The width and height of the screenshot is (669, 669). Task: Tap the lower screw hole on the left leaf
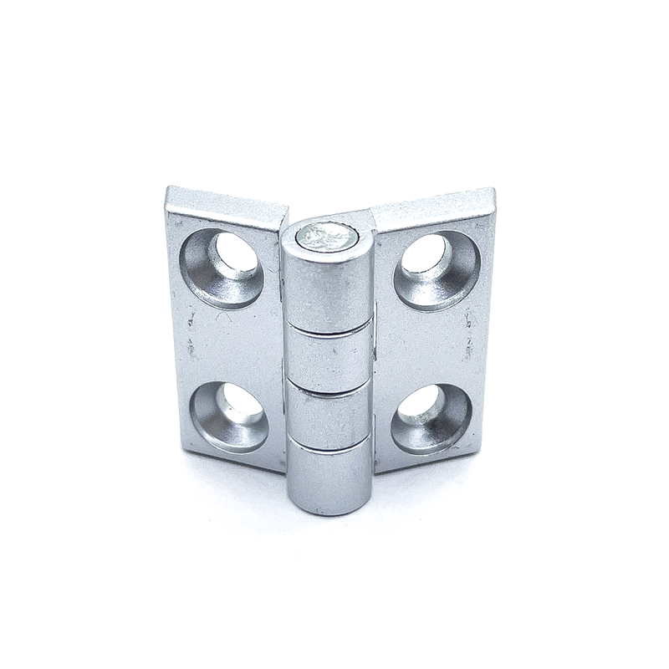tap(229, 416)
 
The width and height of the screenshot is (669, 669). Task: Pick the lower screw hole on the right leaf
tap(432, 416)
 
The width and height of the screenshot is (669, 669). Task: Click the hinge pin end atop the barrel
tap(326, 235)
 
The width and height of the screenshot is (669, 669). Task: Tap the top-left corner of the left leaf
tap(169, 192)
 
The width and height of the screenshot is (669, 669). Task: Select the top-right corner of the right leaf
tap(493, 192)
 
